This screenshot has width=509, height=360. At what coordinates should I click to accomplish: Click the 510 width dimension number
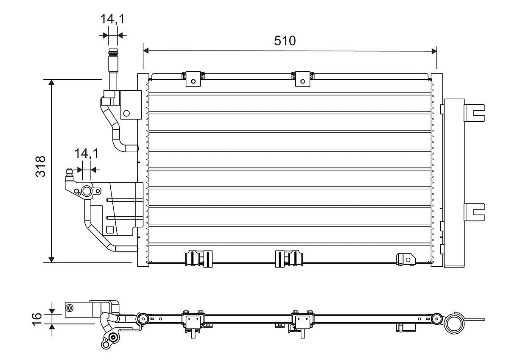click(285, 41)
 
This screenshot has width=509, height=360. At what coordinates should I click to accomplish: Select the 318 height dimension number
click(40, 166)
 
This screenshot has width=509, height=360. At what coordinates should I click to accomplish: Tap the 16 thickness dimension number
click(37, 317)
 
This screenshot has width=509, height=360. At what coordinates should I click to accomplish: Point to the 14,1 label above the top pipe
click(112, 20)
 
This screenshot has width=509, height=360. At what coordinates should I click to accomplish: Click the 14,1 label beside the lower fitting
click(86, 153)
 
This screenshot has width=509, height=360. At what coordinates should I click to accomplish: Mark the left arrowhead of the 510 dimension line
click(146, 51)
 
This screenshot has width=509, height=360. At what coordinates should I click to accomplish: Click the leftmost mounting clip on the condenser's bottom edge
click(198, 258)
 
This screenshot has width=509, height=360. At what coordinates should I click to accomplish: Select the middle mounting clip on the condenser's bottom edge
click(288, 258)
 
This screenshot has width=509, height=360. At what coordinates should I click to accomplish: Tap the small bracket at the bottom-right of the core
click(405, 259)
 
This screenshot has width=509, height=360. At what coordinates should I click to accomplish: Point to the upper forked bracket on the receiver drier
click(474, 112)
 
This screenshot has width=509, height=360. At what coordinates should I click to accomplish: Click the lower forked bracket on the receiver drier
click(474, 211)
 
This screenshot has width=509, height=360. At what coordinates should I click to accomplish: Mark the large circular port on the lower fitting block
click(87, 192)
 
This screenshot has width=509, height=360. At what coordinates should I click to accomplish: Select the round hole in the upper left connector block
click(126, 113)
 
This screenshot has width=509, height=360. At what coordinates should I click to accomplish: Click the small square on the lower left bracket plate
click(110, 230)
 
